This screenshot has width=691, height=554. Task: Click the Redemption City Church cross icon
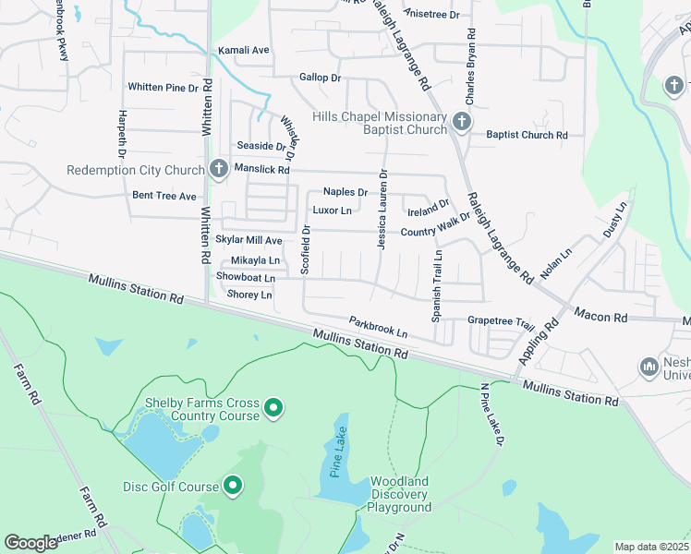tap(219, 168)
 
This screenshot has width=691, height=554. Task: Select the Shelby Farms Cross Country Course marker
tap(273, 407)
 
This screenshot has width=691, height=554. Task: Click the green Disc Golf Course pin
tap(233, 485)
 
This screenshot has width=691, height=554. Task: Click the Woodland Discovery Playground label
tap(400, 494)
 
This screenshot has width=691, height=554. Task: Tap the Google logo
tap(31, 542)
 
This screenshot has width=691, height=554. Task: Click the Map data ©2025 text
tap(651, 547)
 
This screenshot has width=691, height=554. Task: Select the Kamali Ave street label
tap(243, 50)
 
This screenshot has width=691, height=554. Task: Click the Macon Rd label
tap(600, 317)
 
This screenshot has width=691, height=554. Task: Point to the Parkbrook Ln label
tap(378, 327)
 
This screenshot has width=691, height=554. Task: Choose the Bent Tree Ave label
tap(164, 196)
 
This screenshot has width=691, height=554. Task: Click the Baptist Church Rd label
tap(527, 135)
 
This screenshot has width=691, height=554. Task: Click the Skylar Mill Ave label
tap(249, 240)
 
